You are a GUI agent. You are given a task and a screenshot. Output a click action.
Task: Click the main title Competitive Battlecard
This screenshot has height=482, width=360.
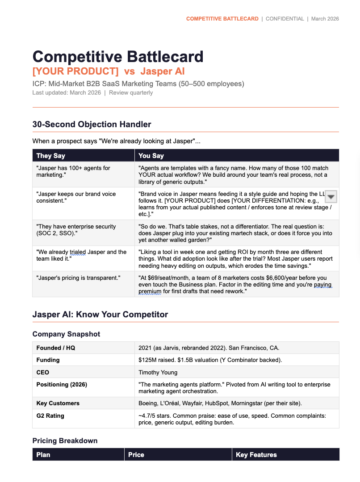pyautogui.click(x=118, y=57)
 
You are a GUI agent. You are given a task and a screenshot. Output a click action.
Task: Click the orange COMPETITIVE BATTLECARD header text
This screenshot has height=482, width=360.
pyautogui.click(x=222, y=19)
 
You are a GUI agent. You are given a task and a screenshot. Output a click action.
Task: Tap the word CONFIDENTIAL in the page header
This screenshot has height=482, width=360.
pyautogui.click(x=285, y=19)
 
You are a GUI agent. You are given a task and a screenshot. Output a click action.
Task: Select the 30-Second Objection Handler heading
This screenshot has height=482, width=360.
pyautogui.click(x=92, y=125)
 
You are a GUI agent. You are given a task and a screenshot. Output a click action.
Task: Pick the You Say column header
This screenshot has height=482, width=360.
pyautogui.click(x=151, y=156)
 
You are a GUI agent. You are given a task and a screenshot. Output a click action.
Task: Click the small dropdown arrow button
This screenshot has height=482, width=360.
pyautogui.click(x=331, y=197)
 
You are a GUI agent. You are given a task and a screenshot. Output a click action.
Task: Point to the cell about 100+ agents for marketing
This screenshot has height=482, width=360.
pyautogui.click(x=73, y=171)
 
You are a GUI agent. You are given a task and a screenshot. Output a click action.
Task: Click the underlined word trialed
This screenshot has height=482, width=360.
pyautogui.click(x=78, y=252)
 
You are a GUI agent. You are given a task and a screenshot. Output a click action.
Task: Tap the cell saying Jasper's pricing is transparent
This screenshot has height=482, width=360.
pyautogui.click(x=79, y=278)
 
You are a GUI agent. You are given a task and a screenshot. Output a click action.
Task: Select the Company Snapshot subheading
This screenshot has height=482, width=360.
pyautogui.click(x=66, y=334)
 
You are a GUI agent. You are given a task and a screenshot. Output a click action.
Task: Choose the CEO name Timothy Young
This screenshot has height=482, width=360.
pyautogui.click(x=158, y=372)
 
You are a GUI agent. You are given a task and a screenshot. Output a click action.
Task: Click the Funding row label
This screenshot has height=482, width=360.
pyautogui.click(x=48, y=360)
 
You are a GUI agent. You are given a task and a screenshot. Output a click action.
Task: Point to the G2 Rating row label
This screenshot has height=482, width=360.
pyautogui.click(x=50, y=416)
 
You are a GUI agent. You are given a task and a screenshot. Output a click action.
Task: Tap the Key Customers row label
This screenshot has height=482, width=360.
pyautogui.click(x=58, y=403)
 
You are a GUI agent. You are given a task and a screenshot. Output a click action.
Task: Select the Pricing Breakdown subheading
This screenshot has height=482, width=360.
pyautogui.click(x=65, y=441)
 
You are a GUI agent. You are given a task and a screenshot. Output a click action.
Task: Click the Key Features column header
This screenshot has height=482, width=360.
pyautogui.click(x=256, y=455)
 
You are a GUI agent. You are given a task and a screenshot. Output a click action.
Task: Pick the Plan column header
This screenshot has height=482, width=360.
pyautogui.click(x=43, y=455)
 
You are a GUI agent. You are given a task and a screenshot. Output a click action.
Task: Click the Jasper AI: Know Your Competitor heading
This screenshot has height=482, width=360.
pyautogui.click(x=100, y=315)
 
